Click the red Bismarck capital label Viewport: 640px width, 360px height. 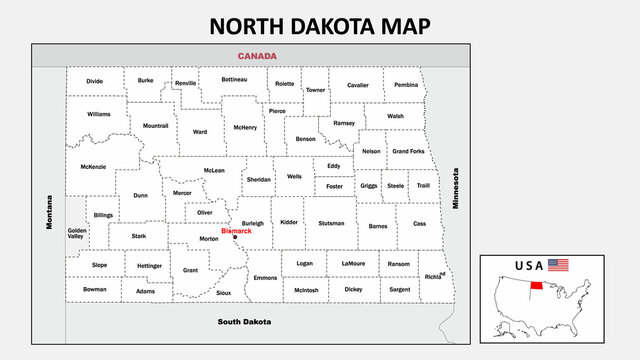click(236, 231)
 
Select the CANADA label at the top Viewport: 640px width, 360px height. click(257, 56)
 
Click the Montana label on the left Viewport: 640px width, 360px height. click(48, 213)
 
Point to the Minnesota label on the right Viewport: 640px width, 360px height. click(455, 187)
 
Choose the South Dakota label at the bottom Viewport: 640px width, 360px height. click(246, 322)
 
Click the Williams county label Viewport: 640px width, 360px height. click(98, 114)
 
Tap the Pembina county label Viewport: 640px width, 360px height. click(405, 85)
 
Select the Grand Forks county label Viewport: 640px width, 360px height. click(407, 151)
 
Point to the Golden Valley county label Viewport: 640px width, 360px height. click(77, 234)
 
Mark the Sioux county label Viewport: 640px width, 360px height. click(223, 292)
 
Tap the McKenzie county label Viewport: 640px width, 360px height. click(93, 166)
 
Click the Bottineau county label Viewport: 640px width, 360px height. click(234, 79)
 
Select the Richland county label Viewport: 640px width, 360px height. click(433, 275)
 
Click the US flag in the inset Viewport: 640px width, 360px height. click(558, 265)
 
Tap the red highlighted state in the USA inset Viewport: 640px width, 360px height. click(537, 285)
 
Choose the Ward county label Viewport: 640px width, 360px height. click(200, 131)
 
